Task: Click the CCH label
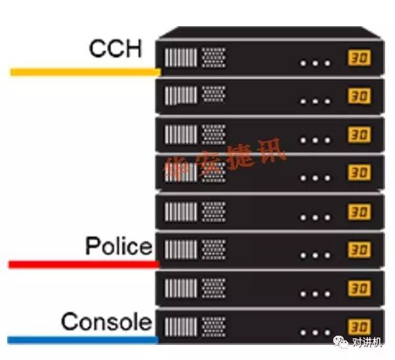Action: (x=115, y=48)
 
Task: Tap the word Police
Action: (x=118, y=246)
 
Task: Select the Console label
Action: (x=106, y=322)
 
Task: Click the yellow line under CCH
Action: (x=85, y=72)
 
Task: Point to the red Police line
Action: (x=83, y=264)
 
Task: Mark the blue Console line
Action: (x=83, y=340)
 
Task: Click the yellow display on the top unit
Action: (x=359, y=58)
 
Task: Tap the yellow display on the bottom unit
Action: (x=359, y=326)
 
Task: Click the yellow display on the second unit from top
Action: (x=359, y=97)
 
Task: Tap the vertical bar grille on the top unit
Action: (x=179, y=57)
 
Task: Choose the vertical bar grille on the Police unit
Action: (x=179, y=249)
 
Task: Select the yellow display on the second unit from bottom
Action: (x=359, y=288)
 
